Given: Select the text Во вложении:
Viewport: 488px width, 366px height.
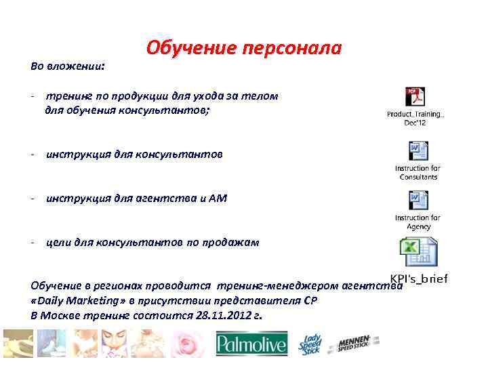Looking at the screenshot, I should coord(68,66).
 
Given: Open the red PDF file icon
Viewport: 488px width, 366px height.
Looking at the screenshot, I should coord(415,98).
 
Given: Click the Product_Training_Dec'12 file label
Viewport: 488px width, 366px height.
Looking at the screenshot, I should coord(415,118).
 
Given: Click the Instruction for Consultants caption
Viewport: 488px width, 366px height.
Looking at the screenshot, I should coord(418,172).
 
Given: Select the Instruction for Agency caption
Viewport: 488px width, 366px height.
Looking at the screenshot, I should coord(418,222).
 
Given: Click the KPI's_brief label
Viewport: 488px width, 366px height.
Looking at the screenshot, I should coord(418,279).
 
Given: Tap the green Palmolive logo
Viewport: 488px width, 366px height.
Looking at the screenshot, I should coord(251,344).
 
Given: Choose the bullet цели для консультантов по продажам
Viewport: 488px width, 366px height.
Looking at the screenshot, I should coord(152,242).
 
